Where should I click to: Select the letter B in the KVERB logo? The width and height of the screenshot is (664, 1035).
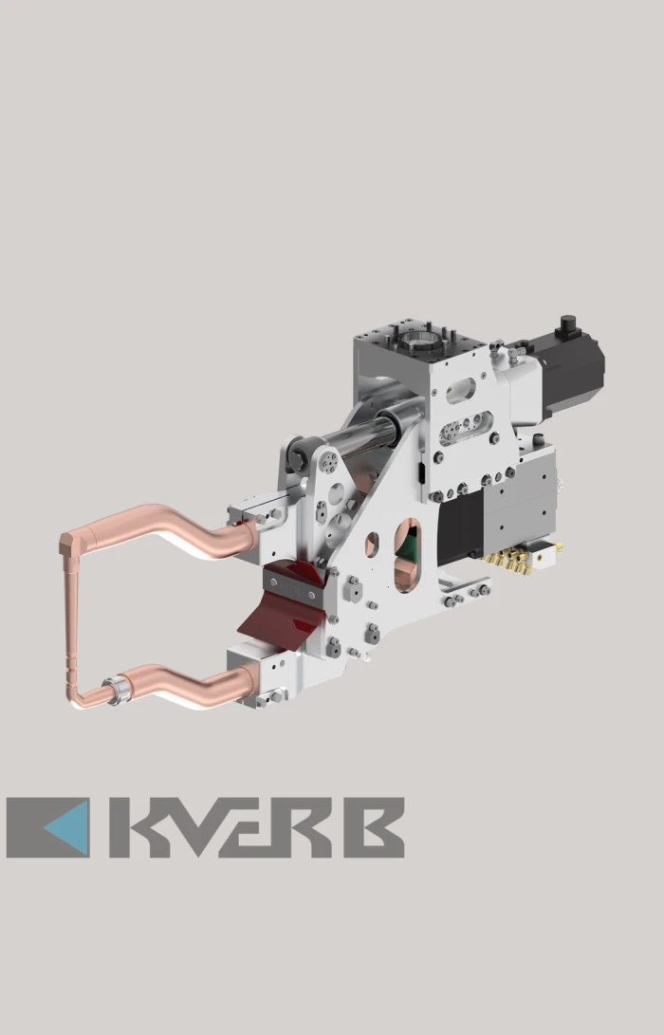click(x=374, y=827)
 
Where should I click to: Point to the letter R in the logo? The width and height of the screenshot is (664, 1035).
click(x=304, y=827)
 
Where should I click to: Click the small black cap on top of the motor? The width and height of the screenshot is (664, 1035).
click(x=568, y=325)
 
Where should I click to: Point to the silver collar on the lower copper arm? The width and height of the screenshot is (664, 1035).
click(x=119, y=690)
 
